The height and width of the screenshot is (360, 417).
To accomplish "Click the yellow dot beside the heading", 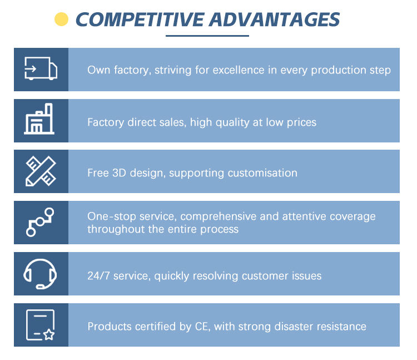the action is [61, 19].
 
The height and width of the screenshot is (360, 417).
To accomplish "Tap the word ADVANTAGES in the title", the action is [275, 19].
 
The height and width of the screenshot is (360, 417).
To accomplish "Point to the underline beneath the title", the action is [207, 36].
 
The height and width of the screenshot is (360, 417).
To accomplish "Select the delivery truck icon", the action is [41, 68].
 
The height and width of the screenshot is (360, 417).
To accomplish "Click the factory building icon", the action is [39, 119].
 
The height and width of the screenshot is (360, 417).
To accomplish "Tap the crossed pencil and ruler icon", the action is [41, 171].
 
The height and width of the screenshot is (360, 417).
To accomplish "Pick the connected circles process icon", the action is [40, 222].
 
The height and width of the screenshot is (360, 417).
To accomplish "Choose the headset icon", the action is [40, 274].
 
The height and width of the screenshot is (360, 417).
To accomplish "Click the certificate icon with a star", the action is [41, 325].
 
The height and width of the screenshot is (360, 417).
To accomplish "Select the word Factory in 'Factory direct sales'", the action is [106, 122].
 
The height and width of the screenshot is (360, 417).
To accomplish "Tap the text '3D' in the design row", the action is [119, 173].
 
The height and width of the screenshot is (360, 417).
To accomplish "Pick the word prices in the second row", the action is [301, 122].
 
